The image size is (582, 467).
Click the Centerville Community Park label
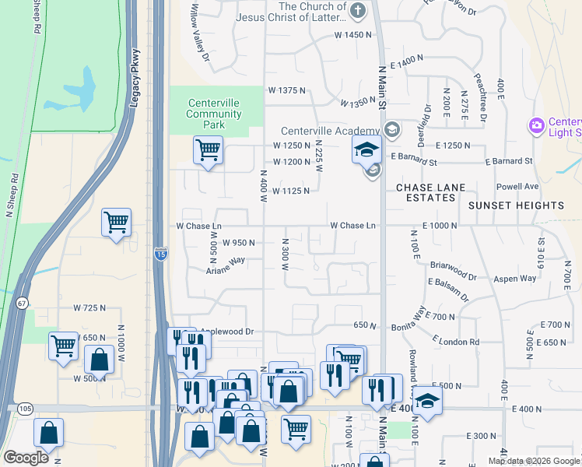213,114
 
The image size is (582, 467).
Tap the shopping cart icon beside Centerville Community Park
208,149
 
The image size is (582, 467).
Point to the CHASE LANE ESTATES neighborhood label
426,192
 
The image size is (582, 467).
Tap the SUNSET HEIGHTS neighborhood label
516,205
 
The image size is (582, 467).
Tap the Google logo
26,458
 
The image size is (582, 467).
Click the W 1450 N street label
353,35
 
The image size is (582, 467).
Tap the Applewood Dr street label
228,332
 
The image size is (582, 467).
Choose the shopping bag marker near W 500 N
99,360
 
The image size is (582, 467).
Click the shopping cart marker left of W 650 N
62,345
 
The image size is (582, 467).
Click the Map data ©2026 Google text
534,461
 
